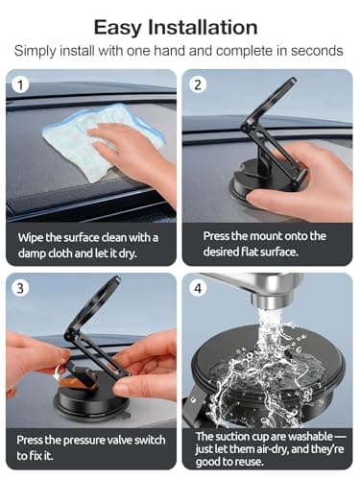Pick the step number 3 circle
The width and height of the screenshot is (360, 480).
click(x=17, y=287)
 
